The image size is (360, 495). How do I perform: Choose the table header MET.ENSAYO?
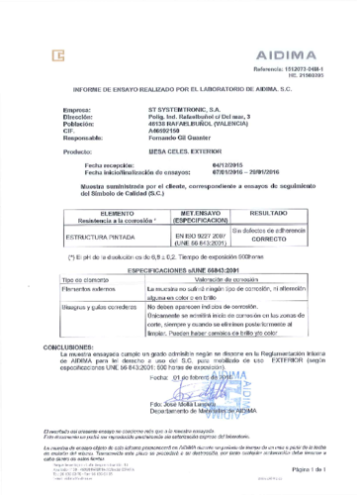201,212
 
